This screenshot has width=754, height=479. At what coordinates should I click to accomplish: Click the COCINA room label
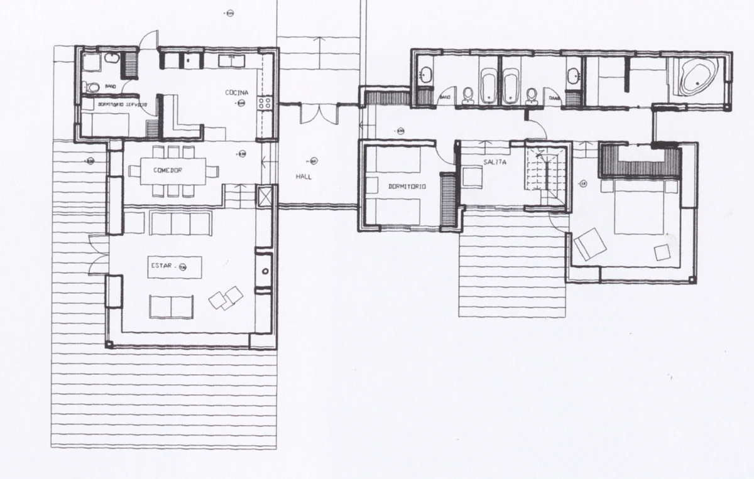(x=237, y=93)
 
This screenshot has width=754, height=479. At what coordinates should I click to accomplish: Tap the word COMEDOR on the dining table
(x=168, y=170)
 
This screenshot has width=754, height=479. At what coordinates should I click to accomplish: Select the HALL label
(x=303, y=177)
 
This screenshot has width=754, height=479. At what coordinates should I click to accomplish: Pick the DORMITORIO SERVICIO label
(x=122, y=104)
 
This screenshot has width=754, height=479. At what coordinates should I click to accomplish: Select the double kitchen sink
(x=232, y=61)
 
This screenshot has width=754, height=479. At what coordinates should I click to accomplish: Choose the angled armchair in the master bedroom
(x=590, y=245)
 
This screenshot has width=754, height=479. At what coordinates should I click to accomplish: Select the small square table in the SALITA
(x=471, y=177)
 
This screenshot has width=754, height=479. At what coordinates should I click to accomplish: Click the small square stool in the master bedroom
(x=662, y=252)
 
